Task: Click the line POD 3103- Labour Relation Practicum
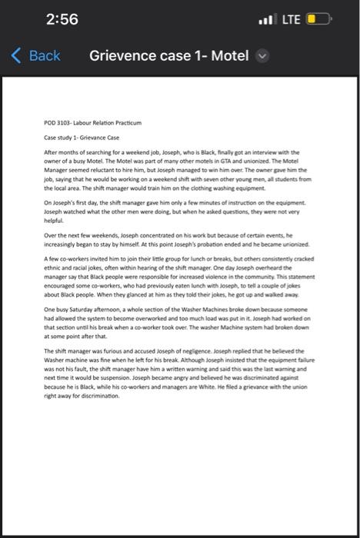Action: coord(92,123)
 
